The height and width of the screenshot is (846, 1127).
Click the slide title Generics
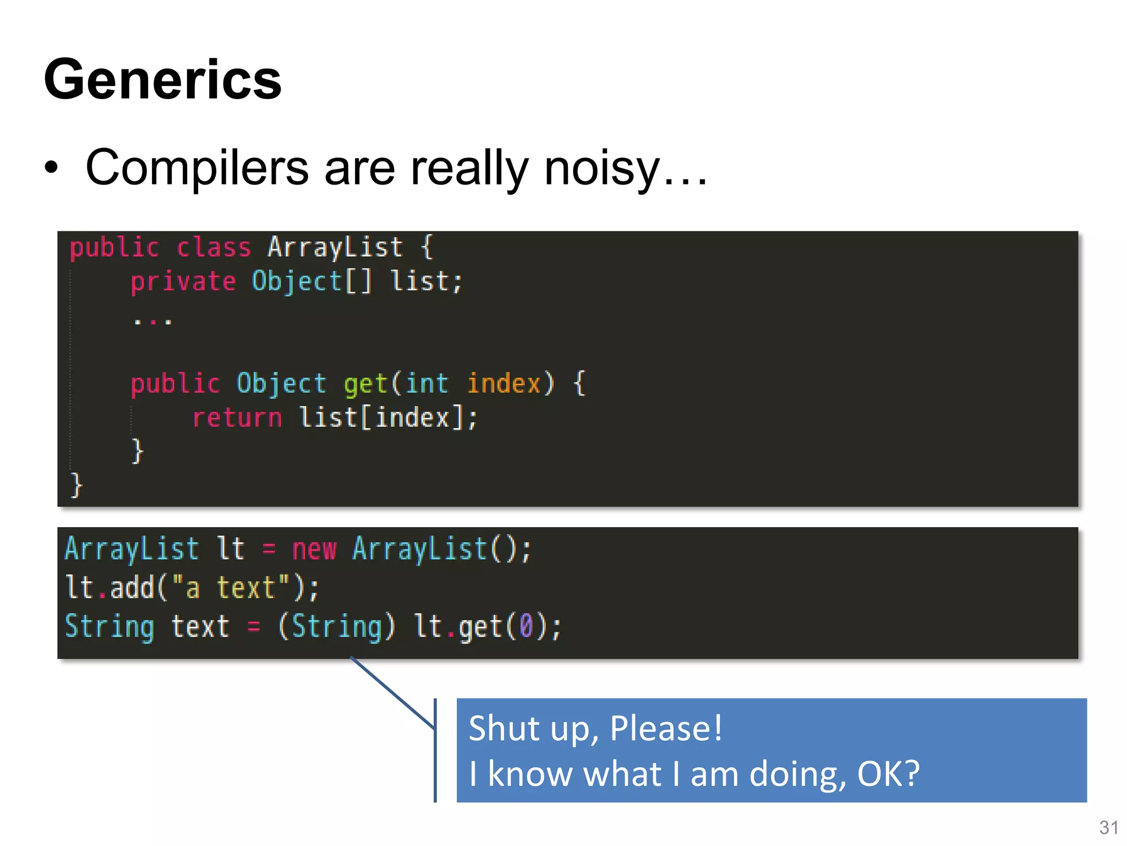tap(163, 80)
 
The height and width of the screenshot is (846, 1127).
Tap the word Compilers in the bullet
tap(197, 168)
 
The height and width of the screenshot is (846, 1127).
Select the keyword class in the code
tap(214, 247)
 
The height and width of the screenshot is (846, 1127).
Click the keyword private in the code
tap(183, 281)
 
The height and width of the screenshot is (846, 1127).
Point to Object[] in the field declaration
tap(311, 281)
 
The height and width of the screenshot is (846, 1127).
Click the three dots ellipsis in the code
tap(153, 321)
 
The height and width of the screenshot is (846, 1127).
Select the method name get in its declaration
tap(365, 383)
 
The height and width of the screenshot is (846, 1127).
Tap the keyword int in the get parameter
tap(427, 383)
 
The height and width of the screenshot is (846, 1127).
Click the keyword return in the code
tap(237, 417)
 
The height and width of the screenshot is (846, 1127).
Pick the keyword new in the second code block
tap(314, 549)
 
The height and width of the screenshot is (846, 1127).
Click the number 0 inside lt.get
tap(526, 627)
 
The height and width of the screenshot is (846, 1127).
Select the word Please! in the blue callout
tap(666, 728)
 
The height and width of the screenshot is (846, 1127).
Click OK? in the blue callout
tap(888, 773)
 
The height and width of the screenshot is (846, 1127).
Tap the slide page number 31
tap(1108, 827)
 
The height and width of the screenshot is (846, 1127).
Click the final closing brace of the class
tap(76, 485)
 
